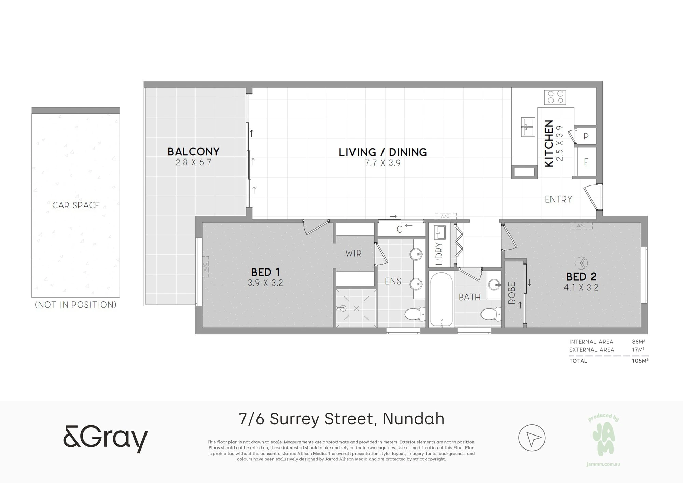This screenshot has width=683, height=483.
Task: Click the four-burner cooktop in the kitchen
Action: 555,97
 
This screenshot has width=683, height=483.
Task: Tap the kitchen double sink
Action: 528,127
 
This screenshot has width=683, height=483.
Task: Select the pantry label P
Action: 586,136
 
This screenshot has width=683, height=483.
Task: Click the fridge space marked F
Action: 586,162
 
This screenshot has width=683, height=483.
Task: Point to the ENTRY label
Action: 558,199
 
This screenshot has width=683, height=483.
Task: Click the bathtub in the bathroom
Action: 442,299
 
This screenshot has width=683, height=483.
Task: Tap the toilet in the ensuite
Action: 415,314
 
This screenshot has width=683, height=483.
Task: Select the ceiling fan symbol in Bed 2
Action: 581,263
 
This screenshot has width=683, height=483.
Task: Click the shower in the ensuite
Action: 356,308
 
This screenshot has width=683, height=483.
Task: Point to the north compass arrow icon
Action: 532,438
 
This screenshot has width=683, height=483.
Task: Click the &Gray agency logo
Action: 106,439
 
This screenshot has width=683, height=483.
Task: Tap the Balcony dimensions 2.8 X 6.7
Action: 194,162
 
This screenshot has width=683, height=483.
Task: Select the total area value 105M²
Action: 640,361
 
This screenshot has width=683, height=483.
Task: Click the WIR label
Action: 353,253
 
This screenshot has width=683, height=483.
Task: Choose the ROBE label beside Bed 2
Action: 512,293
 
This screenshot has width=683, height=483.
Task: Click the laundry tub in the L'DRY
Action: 439,233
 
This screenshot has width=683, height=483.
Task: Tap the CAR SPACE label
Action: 76,205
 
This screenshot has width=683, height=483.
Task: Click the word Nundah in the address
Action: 414,419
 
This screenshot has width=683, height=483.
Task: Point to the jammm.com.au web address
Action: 603,464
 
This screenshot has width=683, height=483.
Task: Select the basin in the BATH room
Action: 494,284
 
